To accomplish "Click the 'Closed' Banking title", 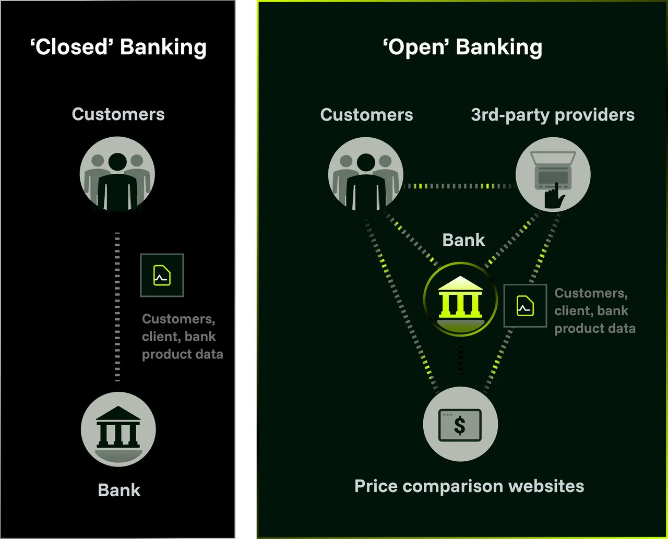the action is coord(118,47).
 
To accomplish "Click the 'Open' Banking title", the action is coord(462,47).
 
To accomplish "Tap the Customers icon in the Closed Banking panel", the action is coord(117,174).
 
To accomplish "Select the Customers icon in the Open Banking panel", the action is coord(366,174).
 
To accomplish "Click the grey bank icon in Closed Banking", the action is coord(118,429).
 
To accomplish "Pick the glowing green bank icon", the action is coord(460,299).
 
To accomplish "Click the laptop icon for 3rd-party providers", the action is coord(553,174).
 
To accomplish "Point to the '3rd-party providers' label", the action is coord(553,115).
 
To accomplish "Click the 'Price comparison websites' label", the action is coord(469,487).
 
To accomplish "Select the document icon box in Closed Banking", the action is coord(162,276).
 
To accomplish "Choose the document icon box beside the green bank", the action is coord(526,306).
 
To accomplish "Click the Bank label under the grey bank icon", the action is coord(119,490).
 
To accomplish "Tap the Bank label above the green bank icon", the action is coord(463,240).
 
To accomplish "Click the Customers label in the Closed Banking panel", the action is coord(118,114).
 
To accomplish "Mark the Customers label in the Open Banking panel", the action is coord(366,115).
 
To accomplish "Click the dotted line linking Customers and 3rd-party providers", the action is coord(459,186).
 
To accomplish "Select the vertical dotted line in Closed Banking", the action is coord(117,307).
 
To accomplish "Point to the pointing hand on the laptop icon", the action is coord(554,196).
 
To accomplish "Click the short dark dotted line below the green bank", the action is coord(460,360).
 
